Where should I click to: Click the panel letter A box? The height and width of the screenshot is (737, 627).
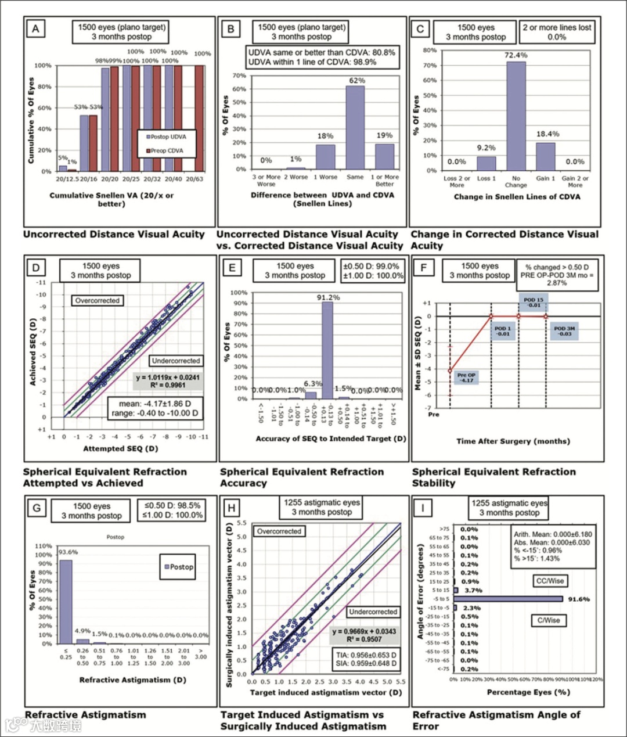tap(36, 29)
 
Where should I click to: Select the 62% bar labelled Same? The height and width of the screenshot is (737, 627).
tap(355, 127)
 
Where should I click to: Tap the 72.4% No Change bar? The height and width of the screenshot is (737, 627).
tap(516, 116)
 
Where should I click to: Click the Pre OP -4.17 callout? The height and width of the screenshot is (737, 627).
tap(466, 378)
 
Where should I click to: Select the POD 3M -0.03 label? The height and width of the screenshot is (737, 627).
tap(563, 331)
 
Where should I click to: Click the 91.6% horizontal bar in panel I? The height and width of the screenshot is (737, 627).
tap(509, 599)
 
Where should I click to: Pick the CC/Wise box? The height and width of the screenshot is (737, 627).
tap(549, 581)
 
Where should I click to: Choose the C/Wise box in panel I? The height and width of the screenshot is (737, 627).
tap(548, 620)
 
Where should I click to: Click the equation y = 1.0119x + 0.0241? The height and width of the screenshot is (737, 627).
tap(168, 378)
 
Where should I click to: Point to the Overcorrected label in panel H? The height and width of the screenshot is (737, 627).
tap(279, 531)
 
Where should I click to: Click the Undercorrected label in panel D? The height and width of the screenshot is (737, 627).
tap(175, 361)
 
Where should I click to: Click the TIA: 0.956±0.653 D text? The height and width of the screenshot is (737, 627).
tap(365, 655)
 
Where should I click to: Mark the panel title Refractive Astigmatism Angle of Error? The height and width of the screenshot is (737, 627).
tap(496, 720)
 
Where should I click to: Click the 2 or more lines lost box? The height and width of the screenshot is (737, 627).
tap(557, 32)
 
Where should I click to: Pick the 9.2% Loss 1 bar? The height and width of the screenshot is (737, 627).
tap(487, 164)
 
